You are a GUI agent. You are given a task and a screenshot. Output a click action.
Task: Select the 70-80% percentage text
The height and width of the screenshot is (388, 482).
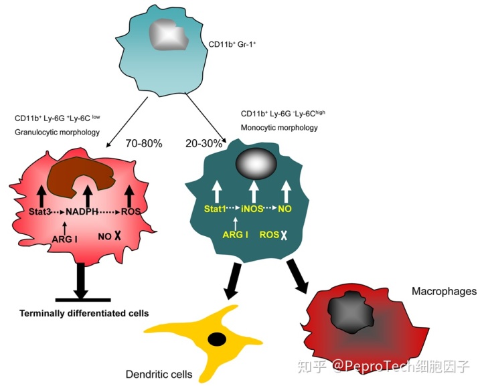click(145, 142)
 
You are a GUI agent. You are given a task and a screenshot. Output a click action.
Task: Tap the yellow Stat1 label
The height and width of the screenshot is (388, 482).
click(218, 209)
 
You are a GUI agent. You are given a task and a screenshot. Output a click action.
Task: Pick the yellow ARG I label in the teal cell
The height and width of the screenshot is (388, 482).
click(235, 234)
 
